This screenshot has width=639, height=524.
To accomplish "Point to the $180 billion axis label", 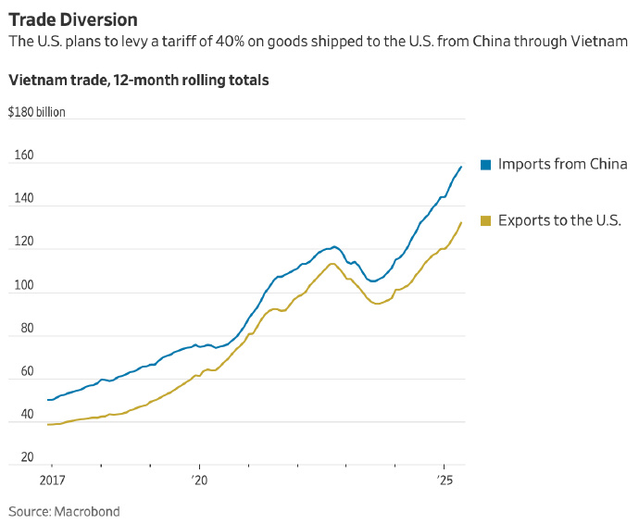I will (x=37, y=113).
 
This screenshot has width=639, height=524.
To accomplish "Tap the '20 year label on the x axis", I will (x=201, y=482).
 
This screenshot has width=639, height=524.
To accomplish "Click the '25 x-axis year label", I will (x=445, y=482).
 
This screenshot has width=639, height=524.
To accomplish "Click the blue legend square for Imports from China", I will (x=484, y=165).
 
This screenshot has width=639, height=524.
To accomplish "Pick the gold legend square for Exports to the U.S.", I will (x=484, y=220).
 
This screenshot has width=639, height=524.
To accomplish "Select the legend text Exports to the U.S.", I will (x=559, y=220).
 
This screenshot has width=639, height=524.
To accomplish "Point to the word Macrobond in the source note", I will (x=88, y=511).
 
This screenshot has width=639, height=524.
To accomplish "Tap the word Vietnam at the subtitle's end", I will (x=602, y=42).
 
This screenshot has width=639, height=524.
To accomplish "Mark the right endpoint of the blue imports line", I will (x=461, y=167).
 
